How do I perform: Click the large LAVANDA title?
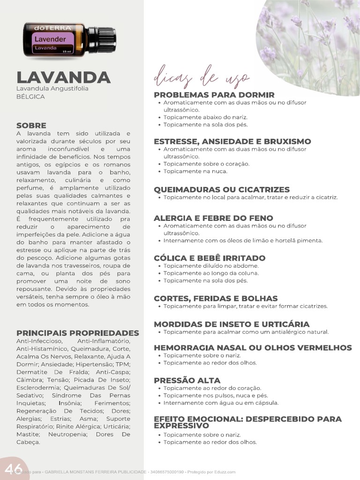63,77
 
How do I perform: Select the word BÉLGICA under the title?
30,96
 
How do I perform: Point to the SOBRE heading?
31,125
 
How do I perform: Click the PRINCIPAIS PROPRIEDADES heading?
78,333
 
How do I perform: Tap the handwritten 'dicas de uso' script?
202,77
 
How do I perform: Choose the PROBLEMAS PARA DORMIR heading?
214,95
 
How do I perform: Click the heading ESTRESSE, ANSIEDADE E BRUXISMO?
232,141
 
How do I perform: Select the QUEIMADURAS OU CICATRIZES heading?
222,189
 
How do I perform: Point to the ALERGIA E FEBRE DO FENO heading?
213,218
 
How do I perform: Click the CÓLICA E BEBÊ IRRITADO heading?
210,258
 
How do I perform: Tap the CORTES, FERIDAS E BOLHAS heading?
216,298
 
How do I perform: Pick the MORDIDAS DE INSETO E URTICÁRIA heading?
232,324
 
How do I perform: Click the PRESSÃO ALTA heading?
187,380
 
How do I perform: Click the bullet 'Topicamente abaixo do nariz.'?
205,117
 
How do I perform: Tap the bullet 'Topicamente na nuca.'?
195,172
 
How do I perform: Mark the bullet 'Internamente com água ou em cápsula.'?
221,403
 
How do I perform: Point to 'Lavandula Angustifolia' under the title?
52,88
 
